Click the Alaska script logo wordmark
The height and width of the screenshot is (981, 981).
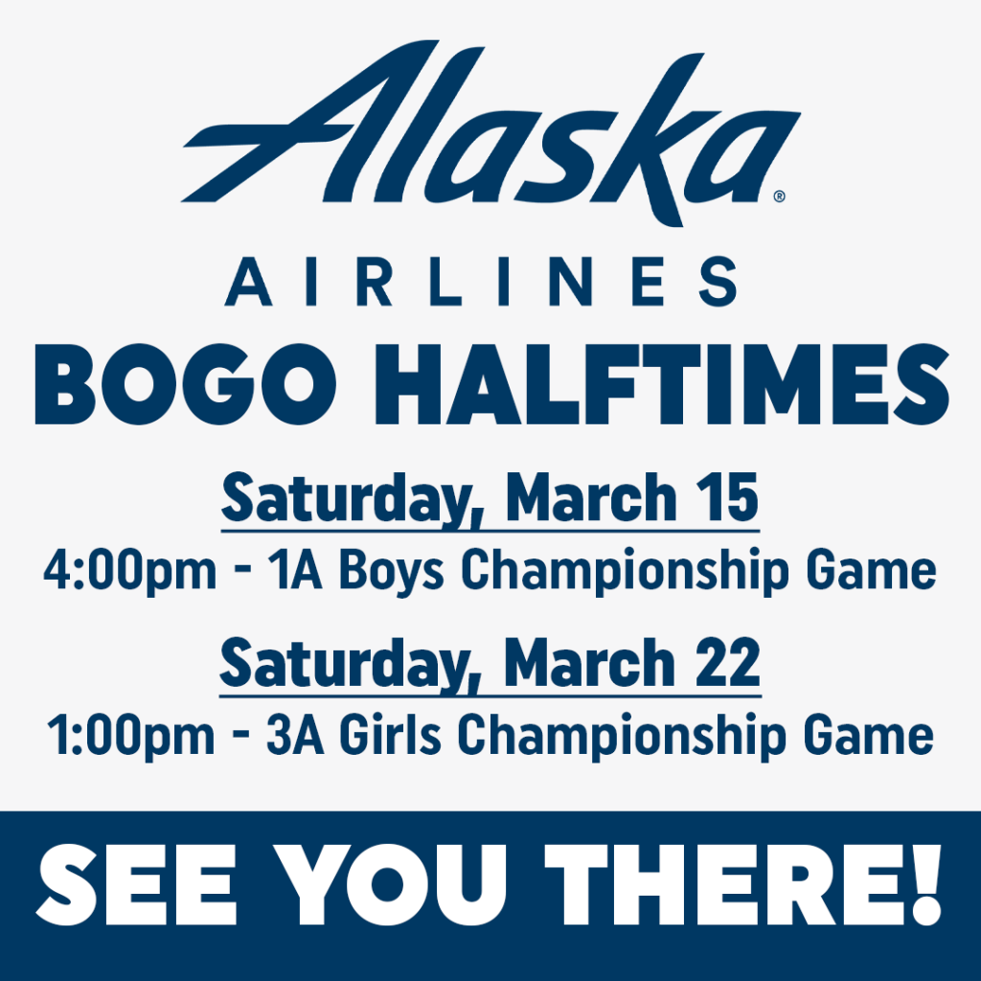pyautogui.click(x=490, y=133)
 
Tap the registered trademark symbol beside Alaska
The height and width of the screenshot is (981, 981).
pyautogui.click(x=779, y=196)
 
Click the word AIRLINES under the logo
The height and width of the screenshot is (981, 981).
pyautogui.click(x=481, y=282)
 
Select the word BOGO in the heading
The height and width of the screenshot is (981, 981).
pyautogui.click(x=186, y=384)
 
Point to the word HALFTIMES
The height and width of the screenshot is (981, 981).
pyautogui.click(x=662, y=384)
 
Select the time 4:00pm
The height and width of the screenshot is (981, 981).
pyautogui.click(x=130, y=572)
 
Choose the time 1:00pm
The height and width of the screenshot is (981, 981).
pyautogui.click(x=130, y=737)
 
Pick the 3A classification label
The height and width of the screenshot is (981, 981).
pyautogui.click(x=295, y=735)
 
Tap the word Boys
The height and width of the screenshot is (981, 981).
pyautogui.click(x=392, y=572)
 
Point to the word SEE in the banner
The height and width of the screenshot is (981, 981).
pyautogui.click(x=136, y=884)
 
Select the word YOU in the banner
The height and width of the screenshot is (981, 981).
pyautogui.click(x=391, y=884)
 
